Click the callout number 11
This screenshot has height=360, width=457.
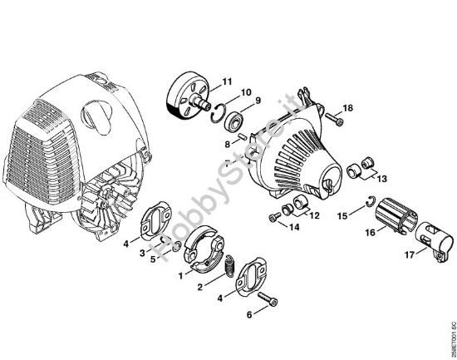click(227, 81)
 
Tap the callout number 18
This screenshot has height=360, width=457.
click(347, 108)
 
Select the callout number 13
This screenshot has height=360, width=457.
click(382, 178)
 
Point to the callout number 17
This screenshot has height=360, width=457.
click(409, 254)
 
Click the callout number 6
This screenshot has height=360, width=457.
click(249, 315)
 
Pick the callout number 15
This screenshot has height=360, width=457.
click(342, 216)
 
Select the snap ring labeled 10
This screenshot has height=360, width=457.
click(218, 113)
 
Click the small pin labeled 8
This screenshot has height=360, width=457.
click(243, 136)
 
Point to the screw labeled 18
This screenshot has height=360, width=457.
click(334, 119)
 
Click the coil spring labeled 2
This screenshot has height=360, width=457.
click(230, 265)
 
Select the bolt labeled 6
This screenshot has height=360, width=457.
click(268, 299)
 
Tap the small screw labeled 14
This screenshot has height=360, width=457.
click(274, 217)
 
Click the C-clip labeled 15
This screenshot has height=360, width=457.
click(371, 201)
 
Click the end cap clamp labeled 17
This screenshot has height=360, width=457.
click(435, 242)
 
